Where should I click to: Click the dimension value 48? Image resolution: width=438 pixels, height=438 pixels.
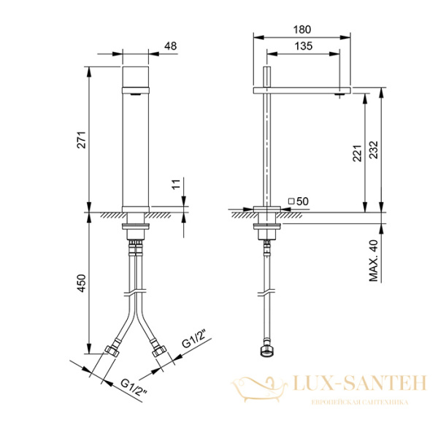(x=171, y=46)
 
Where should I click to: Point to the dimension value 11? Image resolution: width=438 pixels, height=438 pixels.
(x=176, y=185)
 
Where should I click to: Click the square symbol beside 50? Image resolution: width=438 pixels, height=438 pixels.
(x=291, y=200)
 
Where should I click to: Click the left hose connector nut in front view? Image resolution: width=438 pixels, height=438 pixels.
(x=113, y=351)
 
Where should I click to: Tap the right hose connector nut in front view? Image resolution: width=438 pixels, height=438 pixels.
(x=158, y=351)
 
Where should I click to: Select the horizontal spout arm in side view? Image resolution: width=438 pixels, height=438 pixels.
(x=302, y=90)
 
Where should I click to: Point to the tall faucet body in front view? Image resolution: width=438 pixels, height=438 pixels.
(x=135, y=139)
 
